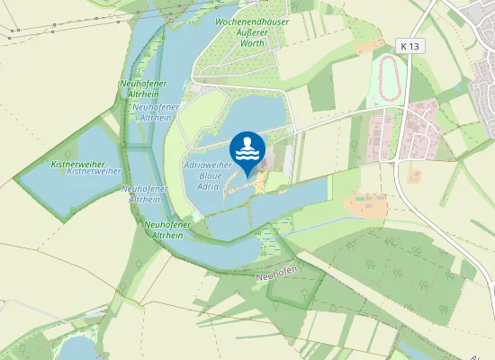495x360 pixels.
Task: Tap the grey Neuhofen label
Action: click(275, 275)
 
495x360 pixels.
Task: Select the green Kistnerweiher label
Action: click(78, 164)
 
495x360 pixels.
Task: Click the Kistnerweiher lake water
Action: click(54, 189)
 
